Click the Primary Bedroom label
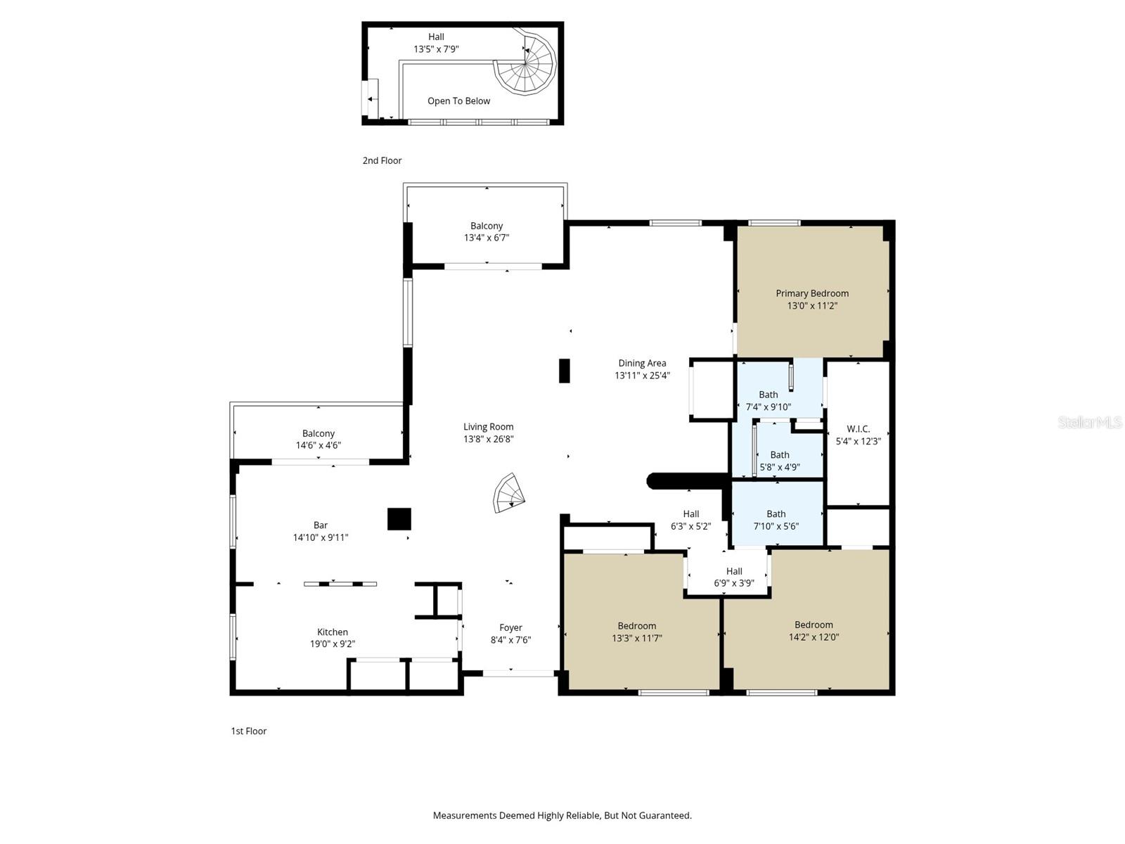coord(812,293)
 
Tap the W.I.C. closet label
coord(858,429)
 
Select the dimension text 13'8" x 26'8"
coord(488,439)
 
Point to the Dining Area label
coord(642,363)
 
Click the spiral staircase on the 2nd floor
coord(525,64)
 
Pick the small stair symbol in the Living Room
coord(508,492)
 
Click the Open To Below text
coord(458,101)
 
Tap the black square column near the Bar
coord(399,518)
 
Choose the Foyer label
coord(510,627)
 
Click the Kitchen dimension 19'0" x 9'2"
coord(332,644)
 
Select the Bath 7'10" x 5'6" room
coord(776,513)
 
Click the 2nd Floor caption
coord(382,160)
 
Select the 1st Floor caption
coord(249,731)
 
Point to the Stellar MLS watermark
coord(1090,422)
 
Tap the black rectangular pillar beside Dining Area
coord(565,371)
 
